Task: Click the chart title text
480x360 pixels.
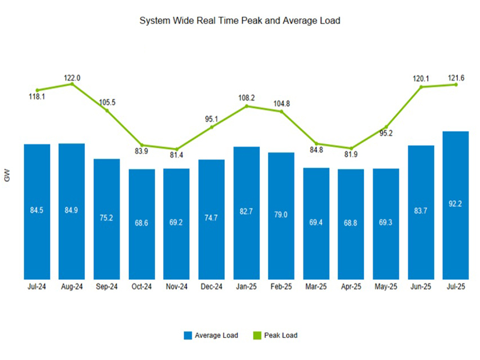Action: click(x=239, y=20)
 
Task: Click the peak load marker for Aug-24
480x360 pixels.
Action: click(x=72, y=84)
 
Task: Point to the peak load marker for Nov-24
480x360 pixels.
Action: click(x=177, y=150)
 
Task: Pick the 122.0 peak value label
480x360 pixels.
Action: click(x=72, y=78)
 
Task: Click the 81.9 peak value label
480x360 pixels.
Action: click(x=351, y=154)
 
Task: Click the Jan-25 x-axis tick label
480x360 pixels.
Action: click(x=246, y=287)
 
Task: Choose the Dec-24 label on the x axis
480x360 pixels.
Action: click(x=212, y=287)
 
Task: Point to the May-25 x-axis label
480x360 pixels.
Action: click(x=386, y=287)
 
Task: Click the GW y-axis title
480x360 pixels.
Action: click(x=8, y=177)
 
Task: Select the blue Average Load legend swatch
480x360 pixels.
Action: click(x=188, y=335)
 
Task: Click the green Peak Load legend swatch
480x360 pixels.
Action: click(x=257, y=335)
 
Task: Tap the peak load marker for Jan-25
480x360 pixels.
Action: click(x=246, y=106)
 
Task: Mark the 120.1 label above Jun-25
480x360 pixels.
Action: click(x=421, y=78)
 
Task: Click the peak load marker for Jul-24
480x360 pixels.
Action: click(x=37, y=90)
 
